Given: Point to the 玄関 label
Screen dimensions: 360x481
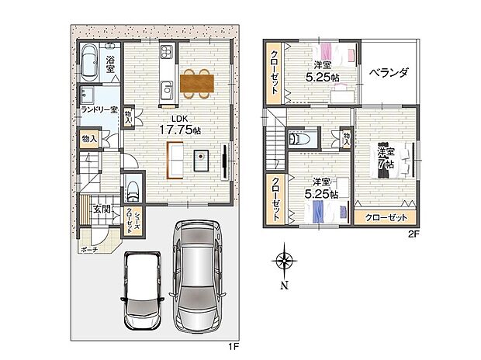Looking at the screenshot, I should (102, 209).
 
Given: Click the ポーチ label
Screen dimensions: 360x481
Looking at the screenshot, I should (88, 250).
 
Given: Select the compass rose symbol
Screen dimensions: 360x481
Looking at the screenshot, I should (285, 261).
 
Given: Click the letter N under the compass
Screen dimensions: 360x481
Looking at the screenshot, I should (285, 286).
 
